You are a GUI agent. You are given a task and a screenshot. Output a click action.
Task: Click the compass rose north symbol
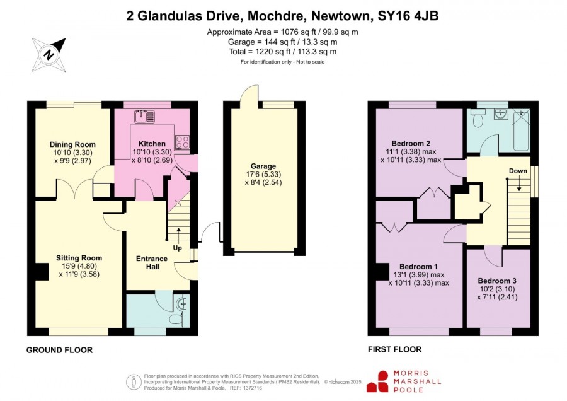pos(49,55)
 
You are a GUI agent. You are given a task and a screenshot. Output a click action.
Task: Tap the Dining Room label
pos(72,144)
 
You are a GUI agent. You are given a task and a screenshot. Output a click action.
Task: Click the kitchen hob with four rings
pos(182,142)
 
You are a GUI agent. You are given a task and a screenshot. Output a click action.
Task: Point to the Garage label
pos(263,166)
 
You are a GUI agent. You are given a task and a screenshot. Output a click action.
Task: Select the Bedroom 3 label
pos(497,281)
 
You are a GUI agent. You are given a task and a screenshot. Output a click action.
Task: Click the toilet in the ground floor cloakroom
pos(176,320)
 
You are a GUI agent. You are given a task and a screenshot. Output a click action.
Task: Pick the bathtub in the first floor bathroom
pos(521,130)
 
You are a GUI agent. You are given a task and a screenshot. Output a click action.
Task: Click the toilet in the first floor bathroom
pos(478,119)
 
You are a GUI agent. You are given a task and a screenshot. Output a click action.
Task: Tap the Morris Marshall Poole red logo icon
pos(378,381)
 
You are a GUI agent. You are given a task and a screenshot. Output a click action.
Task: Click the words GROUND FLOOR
pos(59,350)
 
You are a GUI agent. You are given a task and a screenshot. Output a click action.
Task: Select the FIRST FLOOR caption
pos(395,349)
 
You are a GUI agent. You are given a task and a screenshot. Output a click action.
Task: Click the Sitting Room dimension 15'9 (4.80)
pos(79,266)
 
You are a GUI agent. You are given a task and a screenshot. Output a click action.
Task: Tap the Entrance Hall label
pos(151,263)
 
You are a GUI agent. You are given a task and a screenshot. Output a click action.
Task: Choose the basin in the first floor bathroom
pos(501,114)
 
